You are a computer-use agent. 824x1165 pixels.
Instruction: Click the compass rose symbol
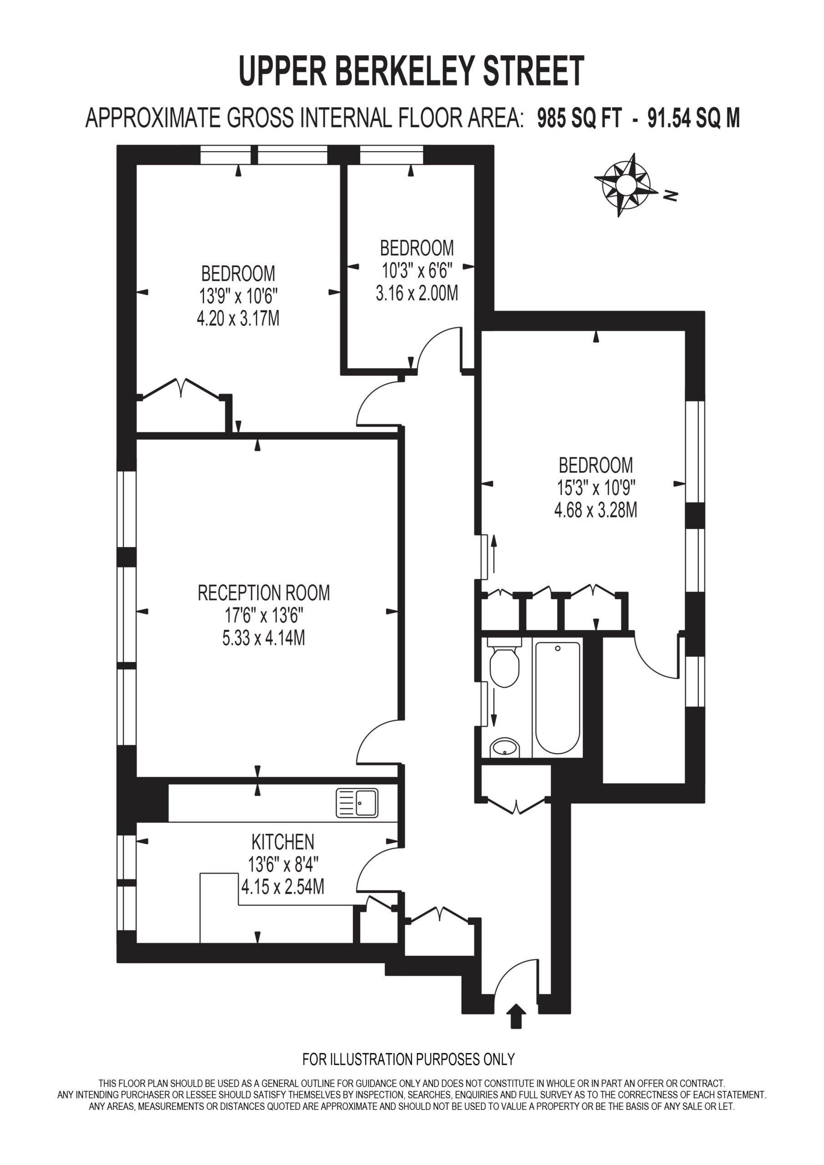(x=624, y=185)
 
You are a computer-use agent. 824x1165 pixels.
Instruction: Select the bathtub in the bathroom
(x=558, y=698)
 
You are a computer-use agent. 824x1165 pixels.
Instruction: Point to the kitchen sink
(x=357, y=803)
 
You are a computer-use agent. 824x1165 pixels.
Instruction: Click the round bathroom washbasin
(x=505, y=747)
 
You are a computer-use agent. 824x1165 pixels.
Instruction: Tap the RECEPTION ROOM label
(x=264, y=593)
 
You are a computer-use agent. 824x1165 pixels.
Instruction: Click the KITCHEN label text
(x=283, y=842)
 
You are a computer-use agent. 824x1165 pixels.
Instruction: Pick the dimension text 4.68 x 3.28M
(x=595, y=509)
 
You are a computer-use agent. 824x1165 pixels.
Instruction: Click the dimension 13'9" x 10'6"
(x=238, y=296)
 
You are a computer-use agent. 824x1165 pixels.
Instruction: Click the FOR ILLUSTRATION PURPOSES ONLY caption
(x=409, y=1059)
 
